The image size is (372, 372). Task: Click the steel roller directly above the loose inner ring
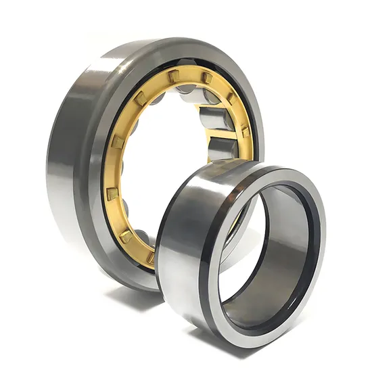coord(222,143)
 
